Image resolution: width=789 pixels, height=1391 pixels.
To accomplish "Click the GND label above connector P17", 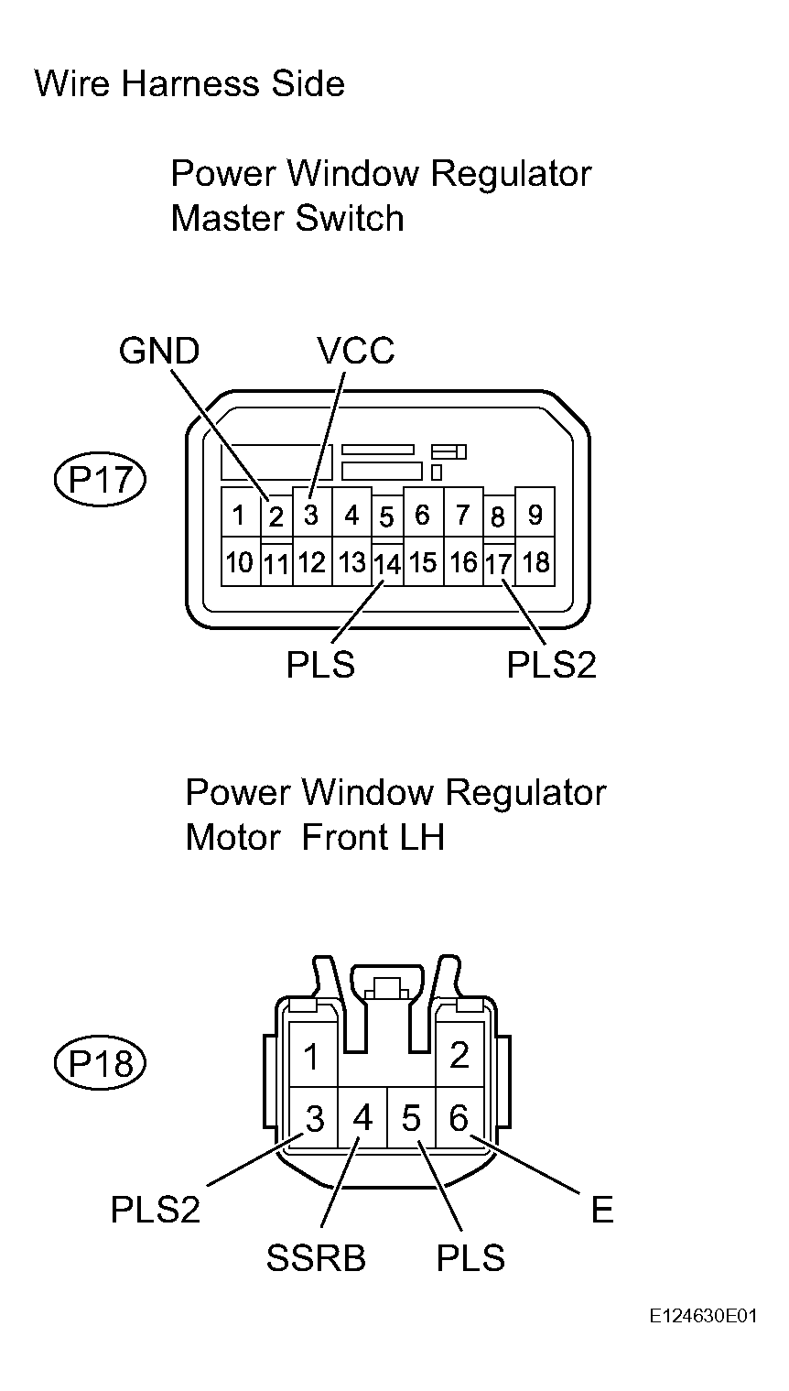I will (158, 351).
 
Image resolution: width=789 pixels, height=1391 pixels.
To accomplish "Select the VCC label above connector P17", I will (355, 351).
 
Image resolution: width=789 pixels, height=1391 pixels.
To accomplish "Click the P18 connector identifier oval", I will (100, 1062).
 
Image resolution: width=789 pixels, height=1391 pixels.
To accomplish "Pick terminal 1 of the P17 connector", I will (240, 516).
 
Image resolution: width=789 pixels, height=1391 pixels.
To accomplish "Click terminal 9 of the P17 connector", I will (535, 516).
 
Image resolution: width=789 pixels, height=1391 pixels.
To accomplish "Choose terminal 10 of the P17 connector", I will (240, 562).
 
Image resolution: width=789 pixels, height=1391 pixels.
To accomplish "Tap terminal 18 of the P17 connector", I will (535, 562).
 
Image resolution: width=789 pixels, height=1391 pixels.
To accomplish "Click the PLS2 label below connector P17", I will (551, 666).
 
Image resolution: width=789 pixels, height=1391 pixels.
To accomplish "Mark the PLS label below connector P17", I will (320, 666).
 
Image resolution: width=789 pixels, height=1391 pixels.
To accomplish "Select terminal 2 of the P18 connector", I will (459, 1056).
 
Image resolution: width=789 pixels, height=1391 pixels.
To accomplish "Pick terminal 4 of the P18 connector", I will (362, 1118).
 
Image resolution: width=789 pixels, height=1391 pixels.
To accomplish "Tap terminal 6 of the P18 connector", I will (459, 1118).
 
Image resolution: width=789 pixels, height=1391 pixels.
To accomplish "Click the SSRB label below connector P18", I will (316, 1258).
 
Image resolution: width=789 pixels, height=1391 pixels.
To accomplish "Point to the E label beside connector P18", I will (601, 1210).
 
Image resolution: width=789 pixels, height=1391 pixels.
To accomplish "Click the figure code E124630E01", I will (704, 1316).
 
